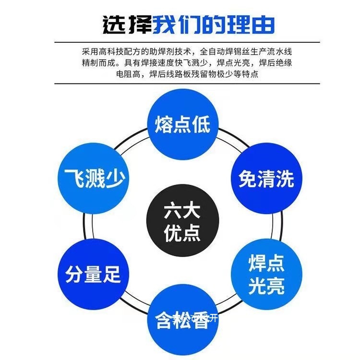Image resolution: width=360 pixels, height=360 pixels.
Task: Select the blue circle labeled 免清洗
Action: coord(266,180)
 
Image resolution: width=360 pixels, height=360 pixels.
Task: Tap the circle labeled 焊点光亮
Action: coord(266,275)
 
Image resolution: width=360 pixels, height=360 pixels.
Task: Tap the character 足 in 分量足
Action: coord(112,276)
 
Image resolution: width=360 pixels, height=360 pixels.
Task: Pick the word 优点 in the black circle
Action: coord(182,234)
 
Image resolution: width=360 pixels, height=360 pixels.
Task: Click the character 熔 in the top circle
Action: coord(163,124)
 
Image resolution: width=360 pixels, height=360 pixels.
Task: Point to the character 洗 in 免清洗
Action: coord(285,180)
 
